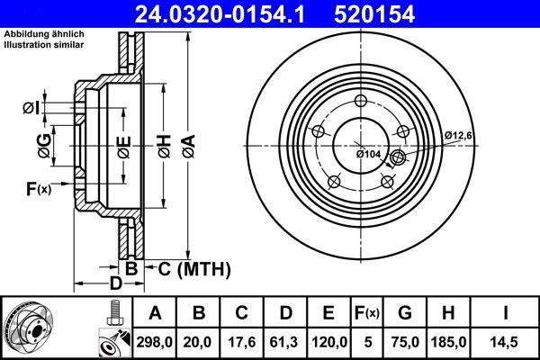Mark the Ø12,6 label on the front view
[x=457, y=135]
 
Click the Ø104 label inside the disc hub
[x=369, y=155]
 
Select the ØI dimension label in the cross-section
[x=30, y=109]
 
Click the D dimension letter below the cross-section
[x=115, y=284]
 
